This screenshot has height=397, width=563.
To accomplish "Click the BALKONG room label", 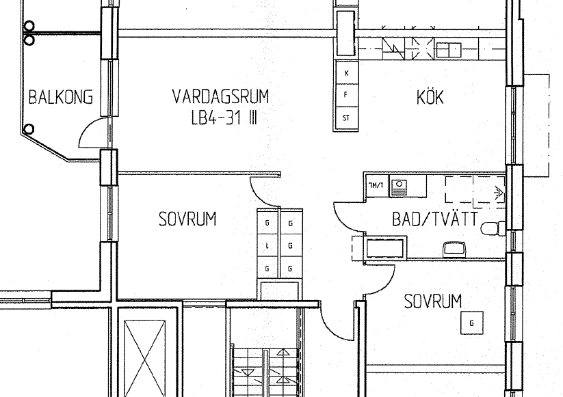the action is click(61, 97).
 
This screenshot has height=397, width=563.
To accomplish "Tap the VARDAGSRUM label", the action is click(220, 96).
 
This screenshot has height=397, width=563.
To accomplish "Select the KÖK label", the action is click(430, 97).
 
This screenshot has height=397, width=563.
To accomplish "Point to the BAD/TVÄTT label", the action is click(435, 219).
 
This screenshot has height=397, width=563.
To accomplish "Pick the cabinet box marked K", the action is click(347, 73).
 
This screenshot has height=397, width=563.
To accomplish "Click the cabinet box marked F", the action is click(347, 95).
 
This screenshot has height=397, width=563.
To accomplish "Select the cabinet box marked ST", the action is click(347, 118).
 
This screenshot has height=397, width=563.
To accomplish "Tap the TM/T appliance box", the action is click(376, 185).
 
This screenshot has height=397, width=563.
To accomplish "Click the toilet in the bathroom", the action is click(493, 228).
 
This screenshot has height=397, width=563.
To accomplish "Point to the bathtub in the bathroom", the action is click(385, 248).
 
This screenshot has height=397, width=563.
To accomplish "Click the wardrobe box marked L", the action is click(267, 246).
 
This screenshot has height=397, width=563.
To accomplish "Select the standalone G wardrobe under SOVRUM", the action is click(472, 323).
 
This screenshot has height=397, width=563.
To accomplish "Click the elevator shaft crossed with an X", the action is click(145, 359).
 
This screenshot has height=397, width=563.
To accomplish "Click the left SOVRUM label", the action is click(187, 219).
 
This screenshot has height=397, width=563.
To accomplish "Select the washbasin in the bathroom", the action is click(454, 249).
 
